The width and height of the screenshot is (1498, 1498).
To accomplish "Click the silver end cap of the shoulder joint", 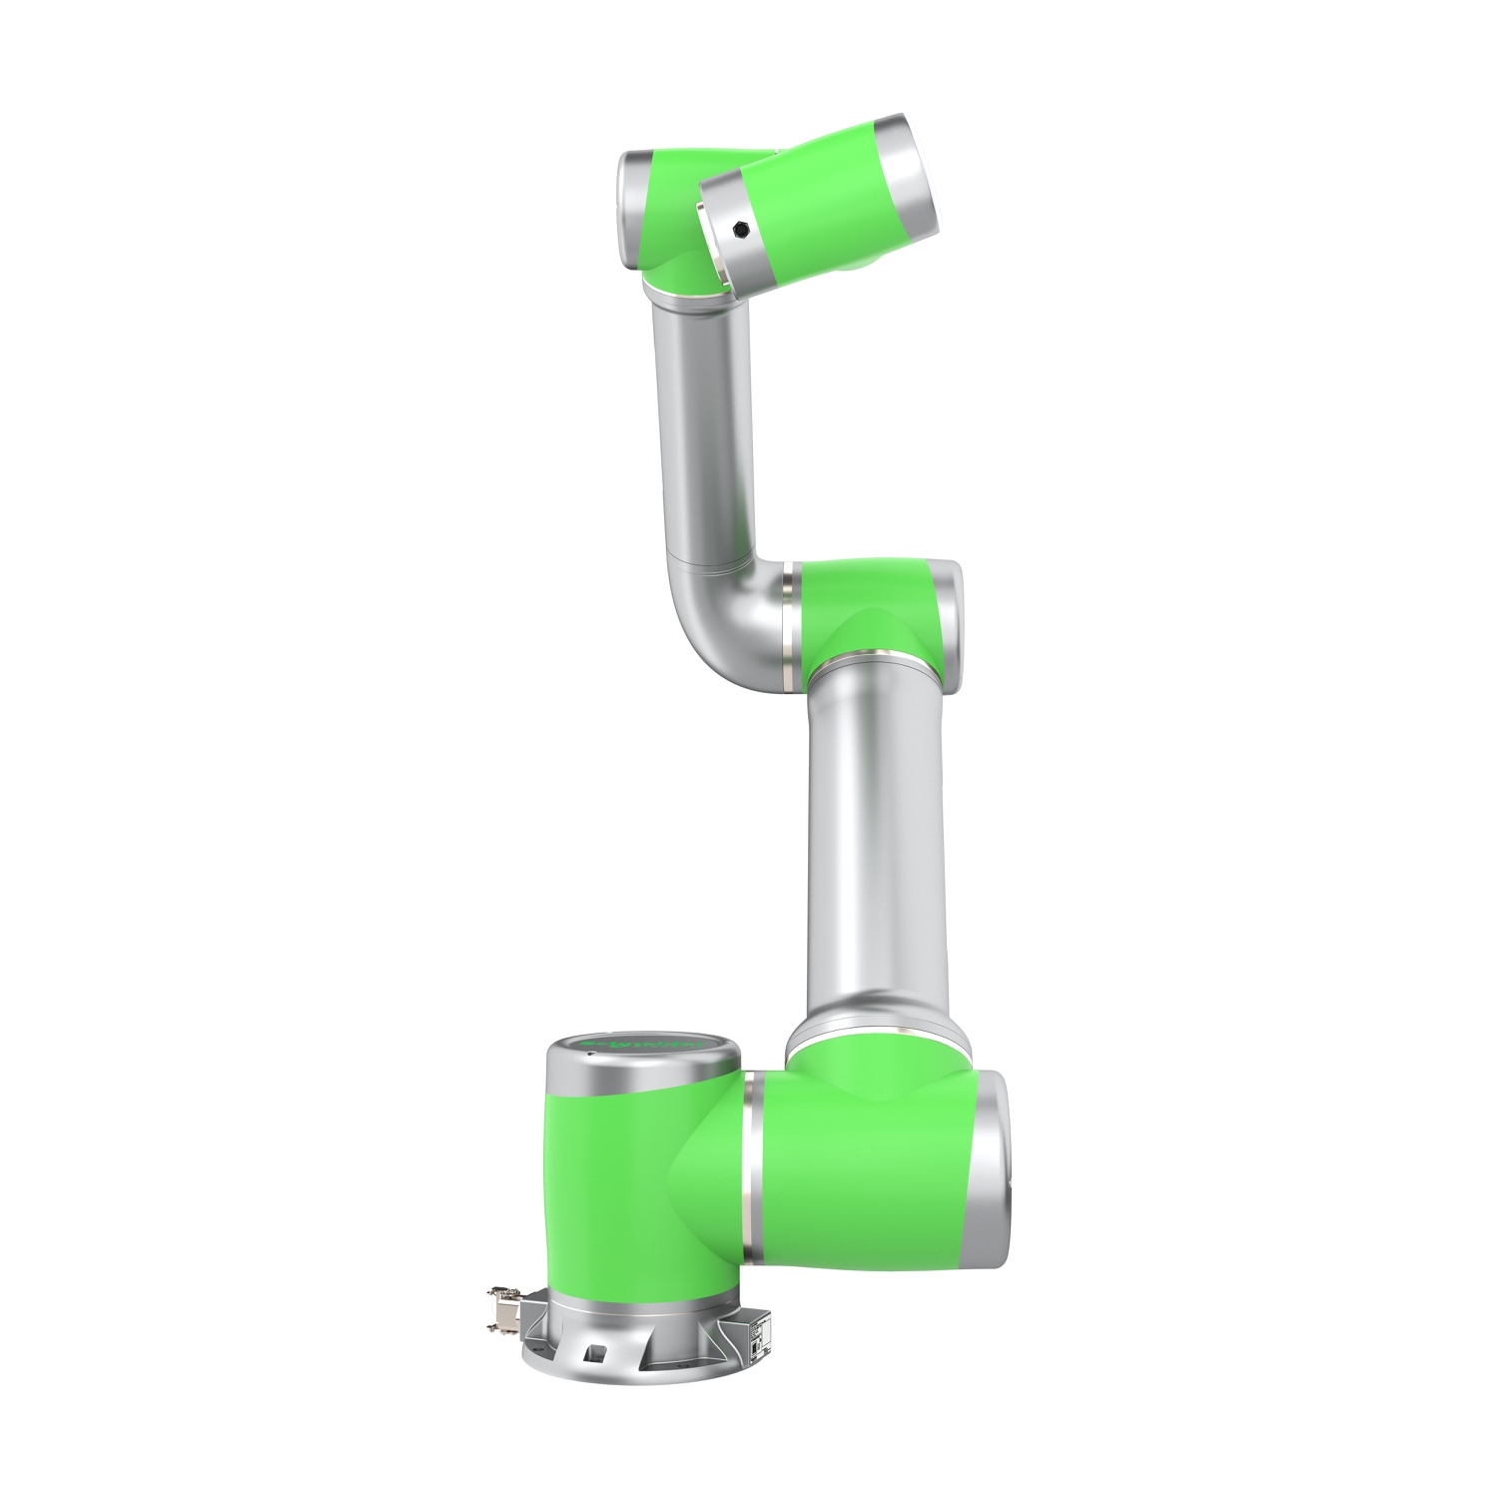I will pos(990,1169).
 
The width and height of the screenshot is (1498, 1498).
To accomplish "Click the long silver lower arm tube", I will pos(875,849).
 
